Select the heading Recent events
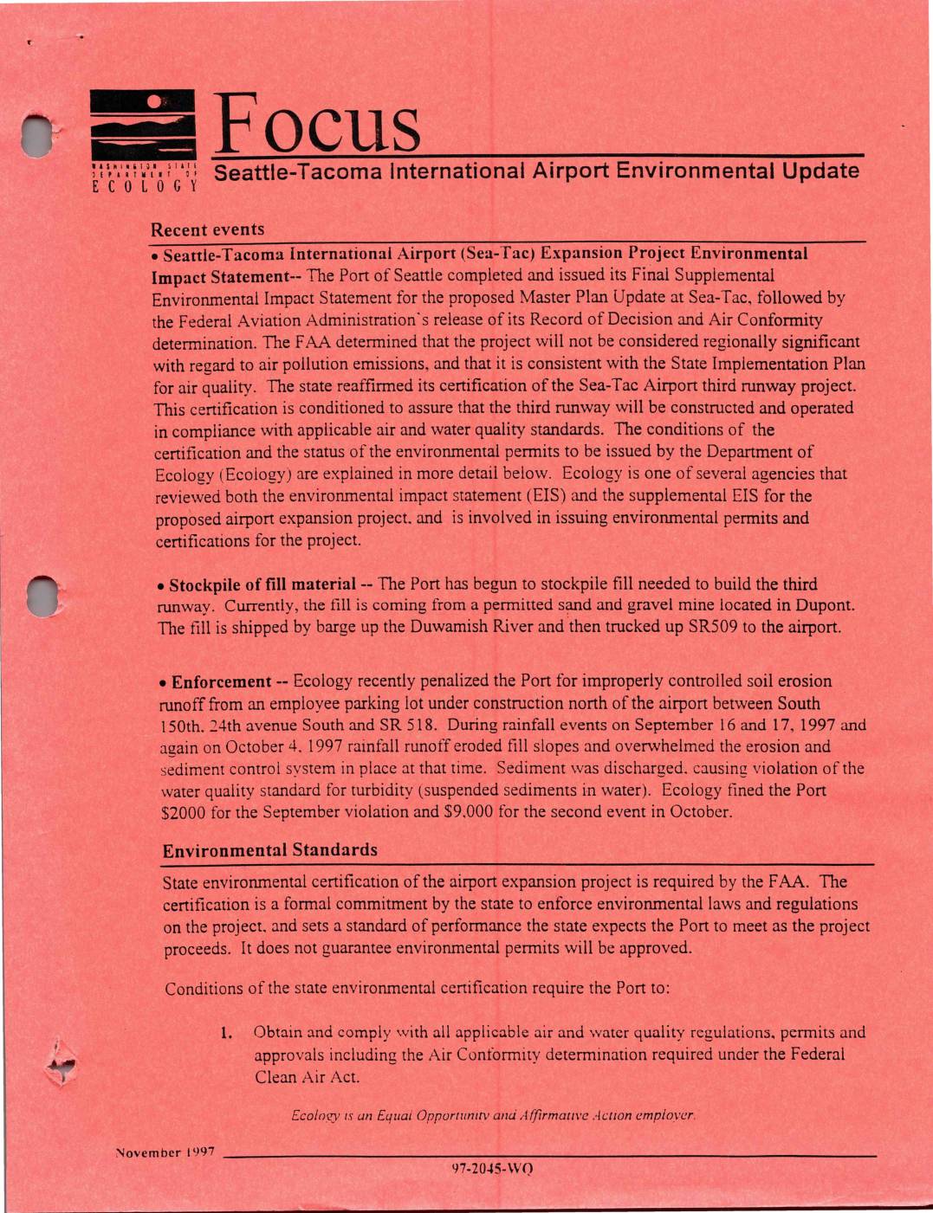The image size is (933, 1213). (x=208, y=229)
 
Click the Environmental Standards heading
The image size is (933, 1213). (x=270, y=849)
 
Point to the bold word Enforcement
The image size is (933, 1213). (x=222, y=681)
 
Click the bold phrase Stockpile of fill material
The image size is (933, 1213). (x=262, y=584)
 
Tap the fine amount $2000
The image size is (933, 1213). (x=183, y=812)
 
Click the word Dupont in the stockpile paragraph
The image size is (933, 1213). (x=826, y=606)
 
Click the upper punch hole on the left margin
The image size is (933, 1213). (x=38, y=136)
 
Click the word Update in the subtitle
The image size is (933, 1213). (x=820, y=171)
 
